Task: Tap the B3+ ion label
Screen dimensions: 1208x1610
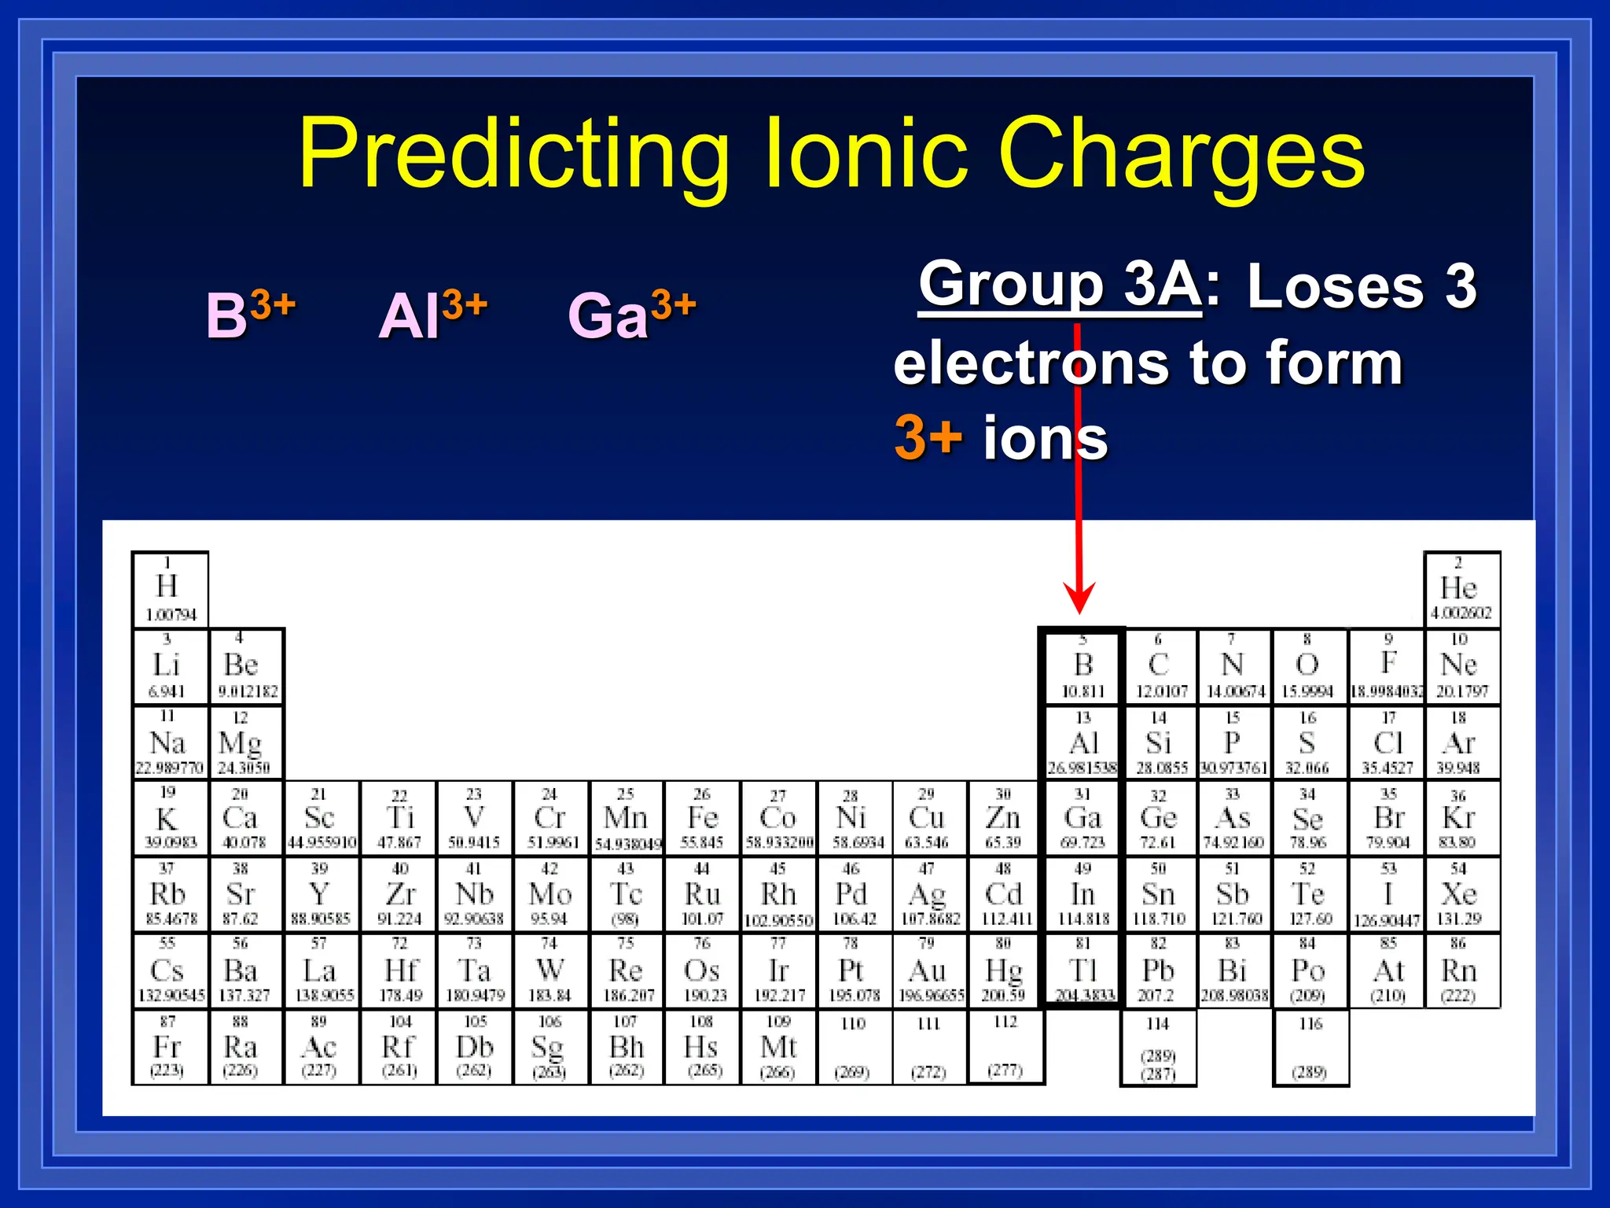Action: pyautogui.click(x=250, y=315)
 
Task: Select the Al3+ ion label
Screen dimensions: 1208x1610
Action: pyautogui.click(x=432, y=315)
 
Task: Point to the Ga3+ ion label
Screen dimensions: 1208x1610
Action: pyautogui.click(x=631, y=315)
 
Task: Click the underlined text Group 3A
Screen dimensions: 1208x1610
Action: pyautogui.click(x=1059, y=285)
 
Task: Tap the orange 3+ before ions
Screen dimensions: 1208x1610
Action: pyautogui.click(x=928, y=437)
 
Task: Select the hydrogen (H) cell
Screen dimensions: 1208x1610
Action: pyautogui.click(x=170, y=589)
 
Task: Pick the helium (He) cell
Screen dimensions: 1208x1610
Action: pyautogui.click(x=1461, y=589)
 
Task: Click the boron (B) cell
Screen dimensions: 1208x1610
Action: pyautogui.click(x=1083, y=666)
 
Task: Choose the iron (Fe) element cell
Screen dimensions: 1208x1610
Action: pyautogui.click(x=702, y=819)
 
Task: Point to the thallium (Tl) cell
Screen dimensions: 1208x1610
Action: pyautogui.click(x=1083, y=971)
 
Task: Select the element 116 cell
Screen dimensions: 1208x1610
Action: pyautogui.click(x=1310, y=1048)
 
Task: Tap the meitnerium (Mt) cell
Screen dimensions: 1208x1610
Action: pyautogui.click(x=779, y=1048)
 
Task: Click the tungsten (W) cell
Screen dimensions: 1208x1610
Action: pyautogui.click(x=550, y=971)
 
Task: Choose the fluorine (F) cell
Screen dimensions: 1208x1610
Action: pyautogui.click(x=1388, y=666)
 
